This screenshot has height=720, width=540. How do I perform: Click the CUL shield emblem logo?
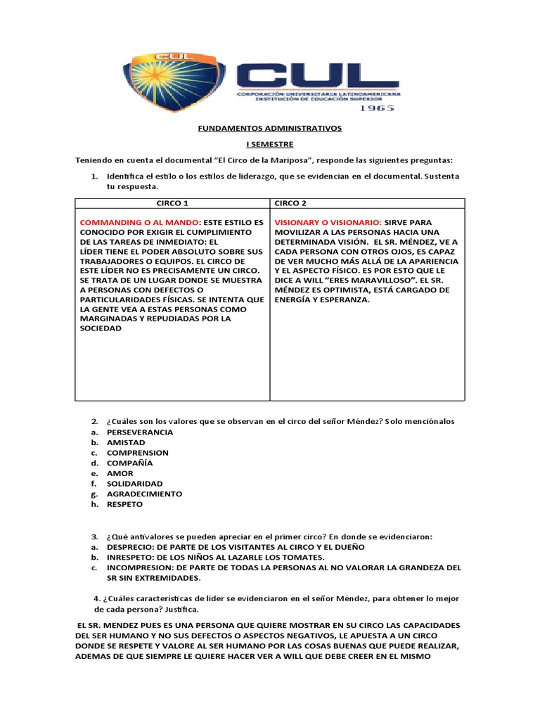point(174,79)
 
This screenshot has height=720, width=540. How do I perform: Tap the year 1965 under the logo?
point(376,108)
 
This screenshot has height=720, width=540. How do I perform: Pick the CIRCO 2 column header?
point(290,203)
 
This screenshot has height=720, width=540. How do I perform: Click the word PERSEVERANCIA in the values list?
point(140,432)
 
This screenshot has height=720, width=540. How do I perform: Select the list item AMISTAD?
point(126,443)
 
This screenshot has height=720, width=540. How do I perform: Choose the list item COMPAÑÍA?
point(129,463)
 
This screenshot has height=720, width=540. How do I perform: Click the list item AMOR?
point(120,474)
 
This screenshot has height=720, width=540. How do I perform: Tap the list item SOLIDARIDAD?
point(134,484)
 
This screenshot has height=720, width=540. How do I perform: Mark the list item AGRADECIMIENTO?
point(144,494)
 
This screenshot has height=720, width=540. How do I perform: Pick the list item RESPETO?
point(124,504)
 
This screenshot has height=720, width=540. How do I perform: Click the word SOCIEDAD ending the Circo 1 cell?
point(101,328)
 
